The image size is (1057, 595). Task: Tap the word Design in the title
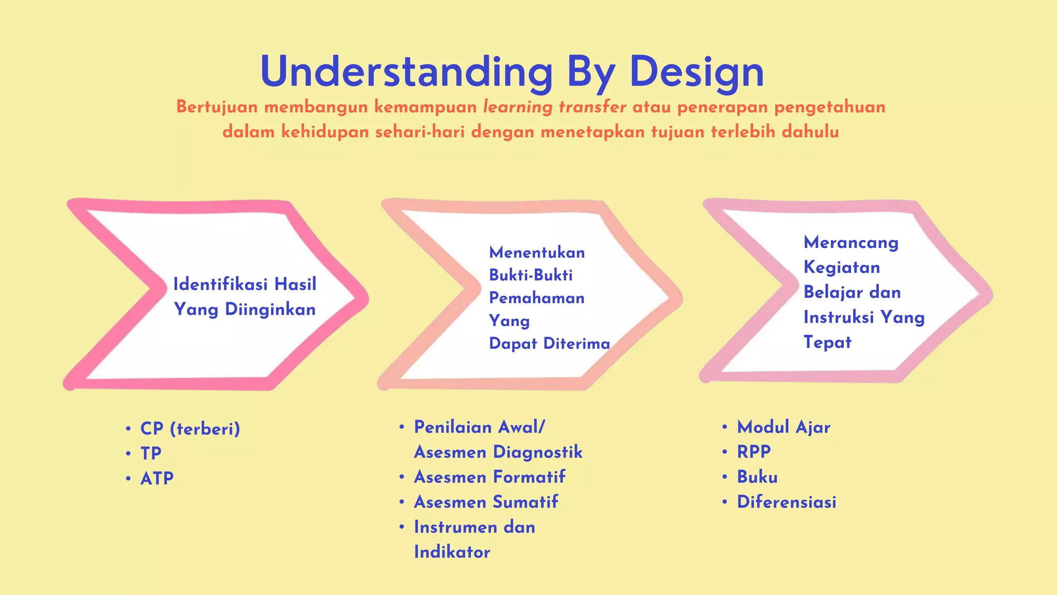[696, 72]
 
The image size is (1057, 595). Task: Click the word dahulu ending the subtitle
[810, 132]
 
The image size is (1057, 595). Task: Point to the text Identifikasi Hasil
[245, 284]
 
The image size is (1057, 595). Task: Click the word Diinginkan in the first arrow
[270, 309]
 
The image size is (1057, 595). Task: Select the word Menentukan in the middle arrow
[537, 253]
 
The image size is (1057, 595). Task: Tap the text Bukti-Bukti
[531, 275]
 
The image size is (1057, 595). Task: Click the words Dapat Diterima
[549, 343]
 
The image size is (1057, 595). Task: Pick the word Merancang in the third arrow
[851, 242]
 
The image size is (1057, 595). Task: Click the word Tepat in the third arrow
[827, 342]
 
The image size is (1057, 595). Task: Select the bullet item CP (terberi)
[190, 429]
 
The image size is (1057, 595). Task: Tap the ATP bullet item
[157, 478]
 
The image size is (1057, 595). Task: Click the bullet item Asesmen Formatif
[489, 477]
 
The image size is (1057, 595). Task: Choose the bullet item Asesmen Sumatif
[486, 502]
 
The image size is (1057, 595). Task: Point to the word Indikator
[452, 552]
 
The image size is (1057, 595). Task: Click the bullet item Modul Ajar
[783, 427]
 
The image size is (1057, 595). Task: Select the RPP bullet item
[754, 452]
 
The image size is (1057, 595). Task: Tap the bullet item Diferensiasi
[786, 502]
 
